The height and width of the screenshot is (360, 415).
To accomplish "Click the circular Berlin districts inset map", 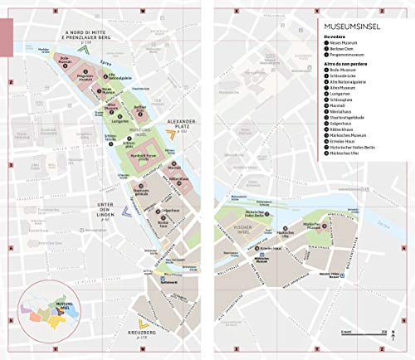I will [52, 311].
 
